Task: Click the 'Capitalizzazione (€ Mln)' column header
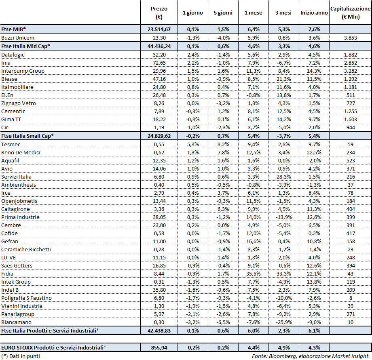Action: click(350, 13)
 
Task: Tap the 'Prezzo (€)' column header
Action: click(159, 13)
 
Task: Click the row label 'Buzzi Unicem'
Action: click(17, 37)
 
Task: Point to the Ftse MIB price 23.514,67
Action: click(159, 29)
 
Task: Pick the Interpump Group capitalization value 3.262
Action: click(350, 71)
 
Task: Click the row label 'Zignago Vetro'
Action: click(19, 103)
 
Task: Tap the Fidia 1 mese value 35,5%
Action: click(253, 274)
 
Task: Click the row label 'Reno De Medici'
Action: click(21, 152)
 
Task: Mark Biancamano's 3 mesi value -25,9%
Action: click(283, 322)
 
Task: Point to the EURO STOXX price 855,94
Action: click(159, 347)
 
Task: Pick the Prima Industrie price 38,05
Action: click(159, 217)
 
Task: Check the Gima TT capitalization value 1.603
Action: click(350, 119)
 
